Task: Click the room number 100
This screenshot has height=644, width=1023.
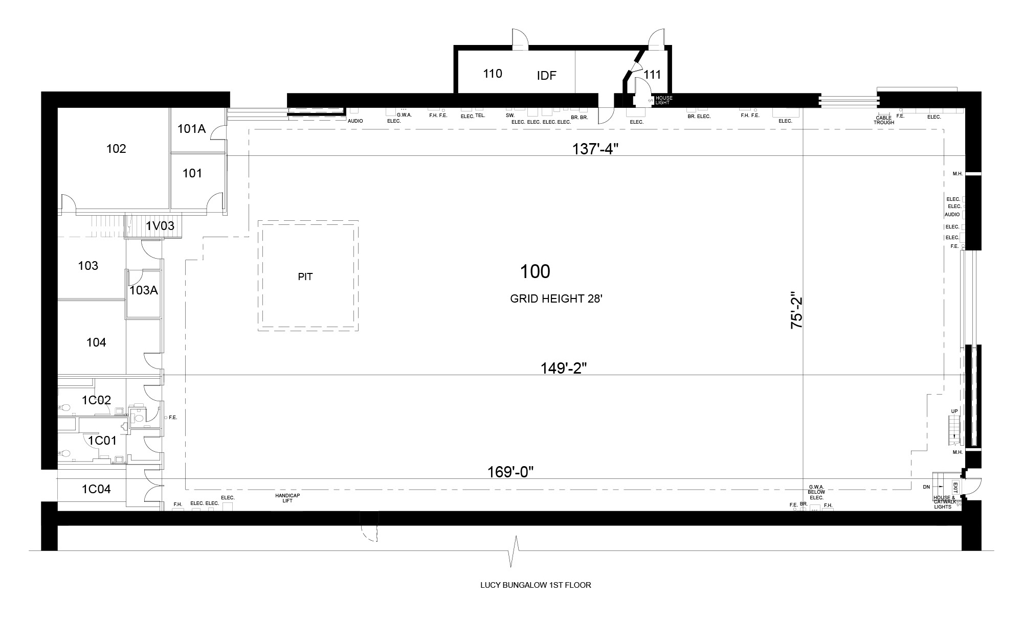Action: pos(535,271)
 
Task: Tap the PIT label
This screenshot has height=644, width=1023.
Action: pos(305,277)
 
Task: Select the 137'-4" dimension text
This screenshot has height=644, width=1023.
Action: pos(595,149)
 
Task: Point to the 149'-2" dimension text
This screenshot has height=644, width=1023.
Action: pos(564,368)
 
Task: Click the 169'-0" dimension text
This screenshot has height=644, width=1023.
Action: pos(510,472)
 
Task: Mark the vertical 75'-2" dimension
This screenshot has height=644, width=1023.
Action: pos(797,310)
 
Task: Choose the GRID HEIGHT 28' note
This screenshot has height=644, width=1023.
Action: pos(557,299)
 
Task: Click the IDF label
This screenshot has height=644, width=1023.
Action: pos(547,76)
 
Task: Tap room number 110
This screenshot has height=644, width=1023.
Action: pos(493,74)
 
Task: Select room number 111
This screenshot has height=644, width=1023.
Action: pos(652,75)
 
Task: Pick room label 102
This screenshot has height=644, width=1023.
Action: pos(116,149)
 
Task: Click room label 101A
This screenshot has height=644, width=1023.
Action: pos(191,129)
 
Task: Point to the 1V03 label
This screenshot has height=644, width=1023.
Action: pos(160,225)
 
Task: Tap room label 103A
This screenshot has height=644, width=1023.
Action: pos(144,291)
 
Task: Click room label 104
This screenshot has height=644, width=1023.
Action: pos(96,342)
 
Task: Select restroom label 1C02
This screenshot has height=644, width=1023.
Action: pos(97,400)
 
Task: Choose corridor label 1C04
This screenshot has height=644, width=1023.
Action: pos(96,489)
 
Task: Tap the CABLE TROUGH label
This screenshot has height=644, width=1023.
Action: pos(884,121)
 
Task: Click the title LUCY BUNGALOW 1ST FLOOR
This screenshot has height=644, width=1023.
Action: pos(536,585)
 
